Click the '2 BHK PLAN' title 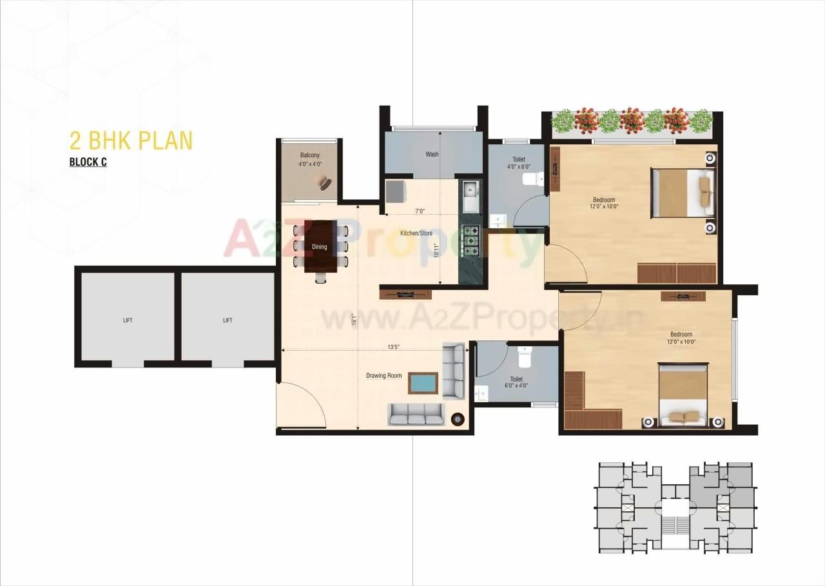tap(131, 140)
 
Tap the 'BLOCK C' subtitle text tap(88, 162)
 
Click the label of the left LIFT tap(128, 320)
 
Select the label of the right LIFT tap(228, 320)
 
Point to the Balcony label tap(309, 155)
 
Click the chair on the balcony tap(324, 184)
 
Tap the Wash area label tap(432, 155)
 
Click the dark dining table tap(320, 246)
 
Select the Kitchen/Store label tap(416, 233)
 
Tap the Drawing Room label tap(383, 376)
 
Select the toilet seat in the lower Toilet tap(523, 355)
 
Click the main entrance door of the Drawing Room tap(300, 406)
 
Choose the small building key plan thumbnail tap(673, 507)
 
